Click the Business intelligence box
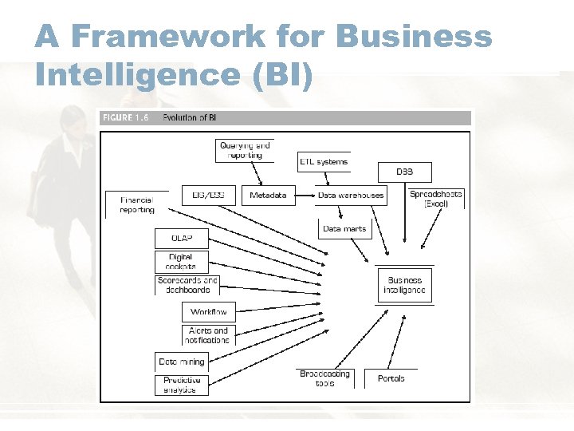coord(405,286)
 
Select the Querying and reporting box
coord(245,150)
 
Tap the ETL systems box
coord(324,162)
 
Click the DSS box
coord(405,172)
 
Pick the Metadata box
coord(268,196)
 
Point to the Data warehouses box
coord(351,196)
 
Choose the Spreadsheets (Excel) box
coord(435,198)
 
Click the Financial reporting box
coord(137,204)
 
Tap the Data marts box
coord(344,229)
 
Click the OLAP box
coord(182,238)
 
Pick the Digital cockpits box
coord(182,262)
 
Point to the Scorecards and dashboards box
coord(187,285)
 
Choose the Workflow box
coord(209,312)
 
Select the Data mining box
coord(182,362)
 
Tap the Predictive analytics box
coord(182,385)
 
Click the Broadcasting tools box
coord(324,378)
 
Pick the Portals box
coord(391,378)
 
